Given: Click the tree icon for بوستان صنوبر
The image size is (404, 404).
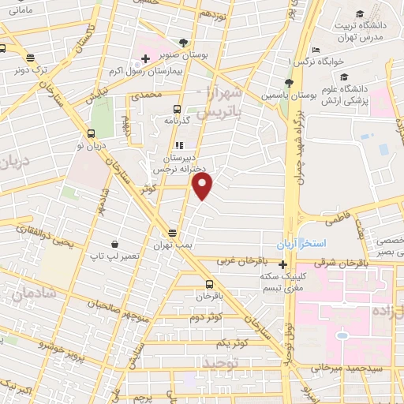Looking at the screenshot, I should point(184,42).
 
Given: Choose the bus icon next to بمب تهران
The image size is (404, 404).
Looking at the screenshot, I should point(174,233).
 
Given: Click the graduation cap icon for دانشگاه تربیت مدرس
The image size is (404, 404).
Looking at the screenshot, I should point(360,15).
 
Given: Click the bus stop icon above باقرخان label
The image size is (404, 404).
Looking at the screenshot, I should point(209,285).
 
